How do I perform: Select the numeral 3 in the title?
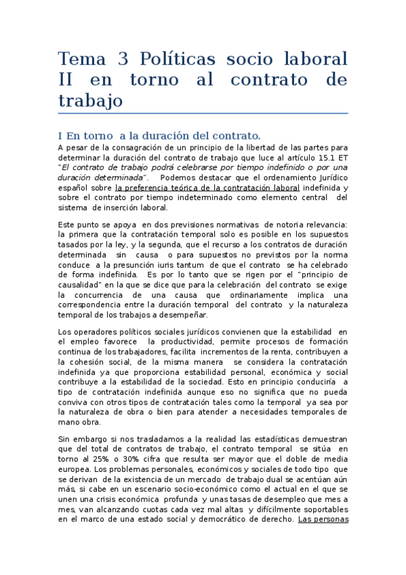pyautogui.click(x=123, y=58)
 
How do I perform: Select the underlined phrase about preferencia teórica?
pyautogui.click(x=207, y=188)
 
